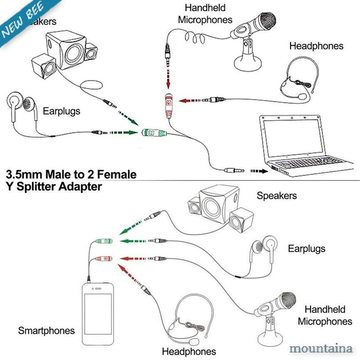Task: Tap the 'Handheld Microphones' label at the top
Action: click(x=205, y=14)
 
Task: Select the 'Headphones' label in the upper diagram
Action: click(x=316, y=46)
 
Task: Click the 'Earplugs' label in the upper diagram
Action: click(x=62, y=111)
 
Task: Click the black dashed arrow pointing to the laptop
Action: click(x=259, y=171)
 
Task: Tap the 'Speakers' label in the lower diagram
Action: click(x=277, y=196)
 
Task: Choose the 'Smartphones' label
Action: click(x=46, y=331)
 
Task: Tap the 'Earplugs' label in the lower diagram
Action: click(x=307, y=249)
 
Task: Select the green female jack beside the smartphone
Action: click(x=103, y=241)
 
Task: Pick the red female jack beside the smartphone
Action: click(x=103, y=258)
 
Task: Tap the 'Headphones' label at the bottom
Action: click(x=189, y=352)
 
